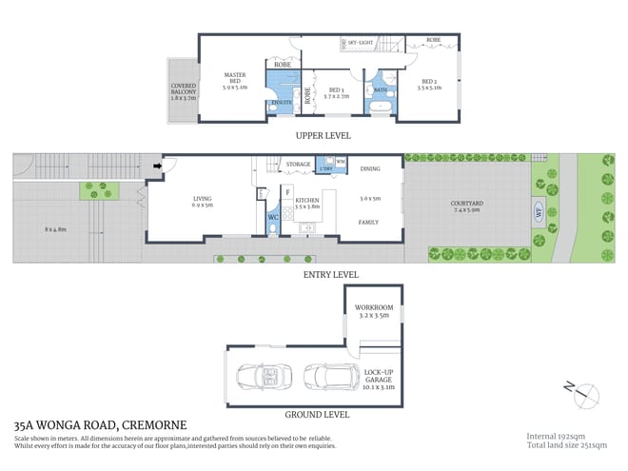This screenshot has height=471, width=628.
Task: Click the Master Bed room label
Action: (x=235, y=80)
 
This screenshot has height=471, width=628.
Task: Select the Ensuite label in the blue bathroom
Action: (x=281, y=101)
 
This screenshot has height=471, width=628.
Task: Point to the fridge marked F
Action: (x=287, y=191)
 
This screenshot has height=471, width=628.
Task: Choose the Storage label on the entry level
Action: (x=298, y=165)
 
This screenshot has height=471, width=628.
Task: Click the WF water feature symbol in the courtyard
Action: (x=538, y=212)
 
